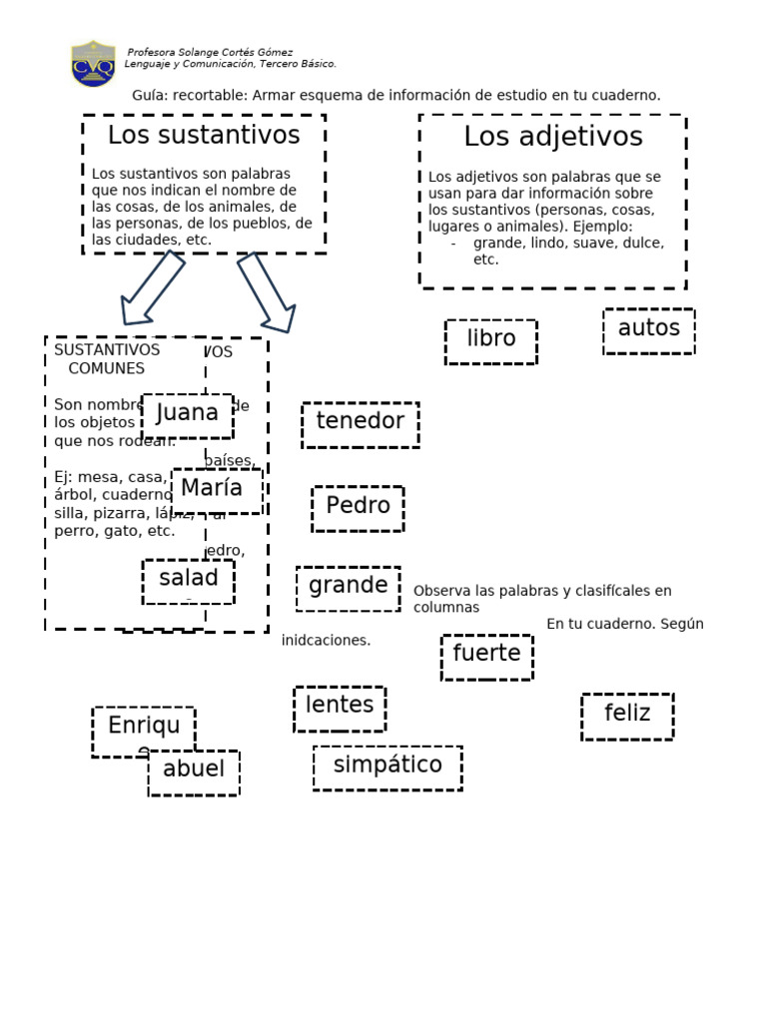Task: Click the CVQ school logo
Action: point(93,63)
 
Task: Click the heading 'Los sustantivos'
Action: point(204,135)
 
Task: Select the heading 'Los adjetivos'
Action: point(552,137)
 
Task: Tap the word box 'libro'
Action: point(490,340)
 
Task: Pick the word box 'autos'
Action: point(648,330)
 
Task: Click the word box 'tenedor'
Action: point(360,423)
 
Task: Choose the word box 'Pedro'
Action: point(358,507)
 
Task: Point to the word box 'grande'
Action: point(348,587)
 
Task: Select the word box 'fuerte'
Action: point(486,656)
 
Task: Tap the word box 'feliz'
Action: point(627,715)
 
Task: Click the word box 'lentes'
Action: point(340,707)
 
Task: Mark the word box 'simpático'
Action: point(387,766)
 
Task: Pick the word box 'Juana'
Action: point(187,414)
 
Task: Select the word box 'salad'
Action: point(188,580)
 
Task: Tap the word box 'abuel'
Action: point(194,771)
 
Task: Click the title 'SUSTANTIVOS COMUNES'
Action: point(106,359)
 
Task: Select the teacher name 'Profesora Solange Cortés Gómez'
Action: point(210,52)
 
